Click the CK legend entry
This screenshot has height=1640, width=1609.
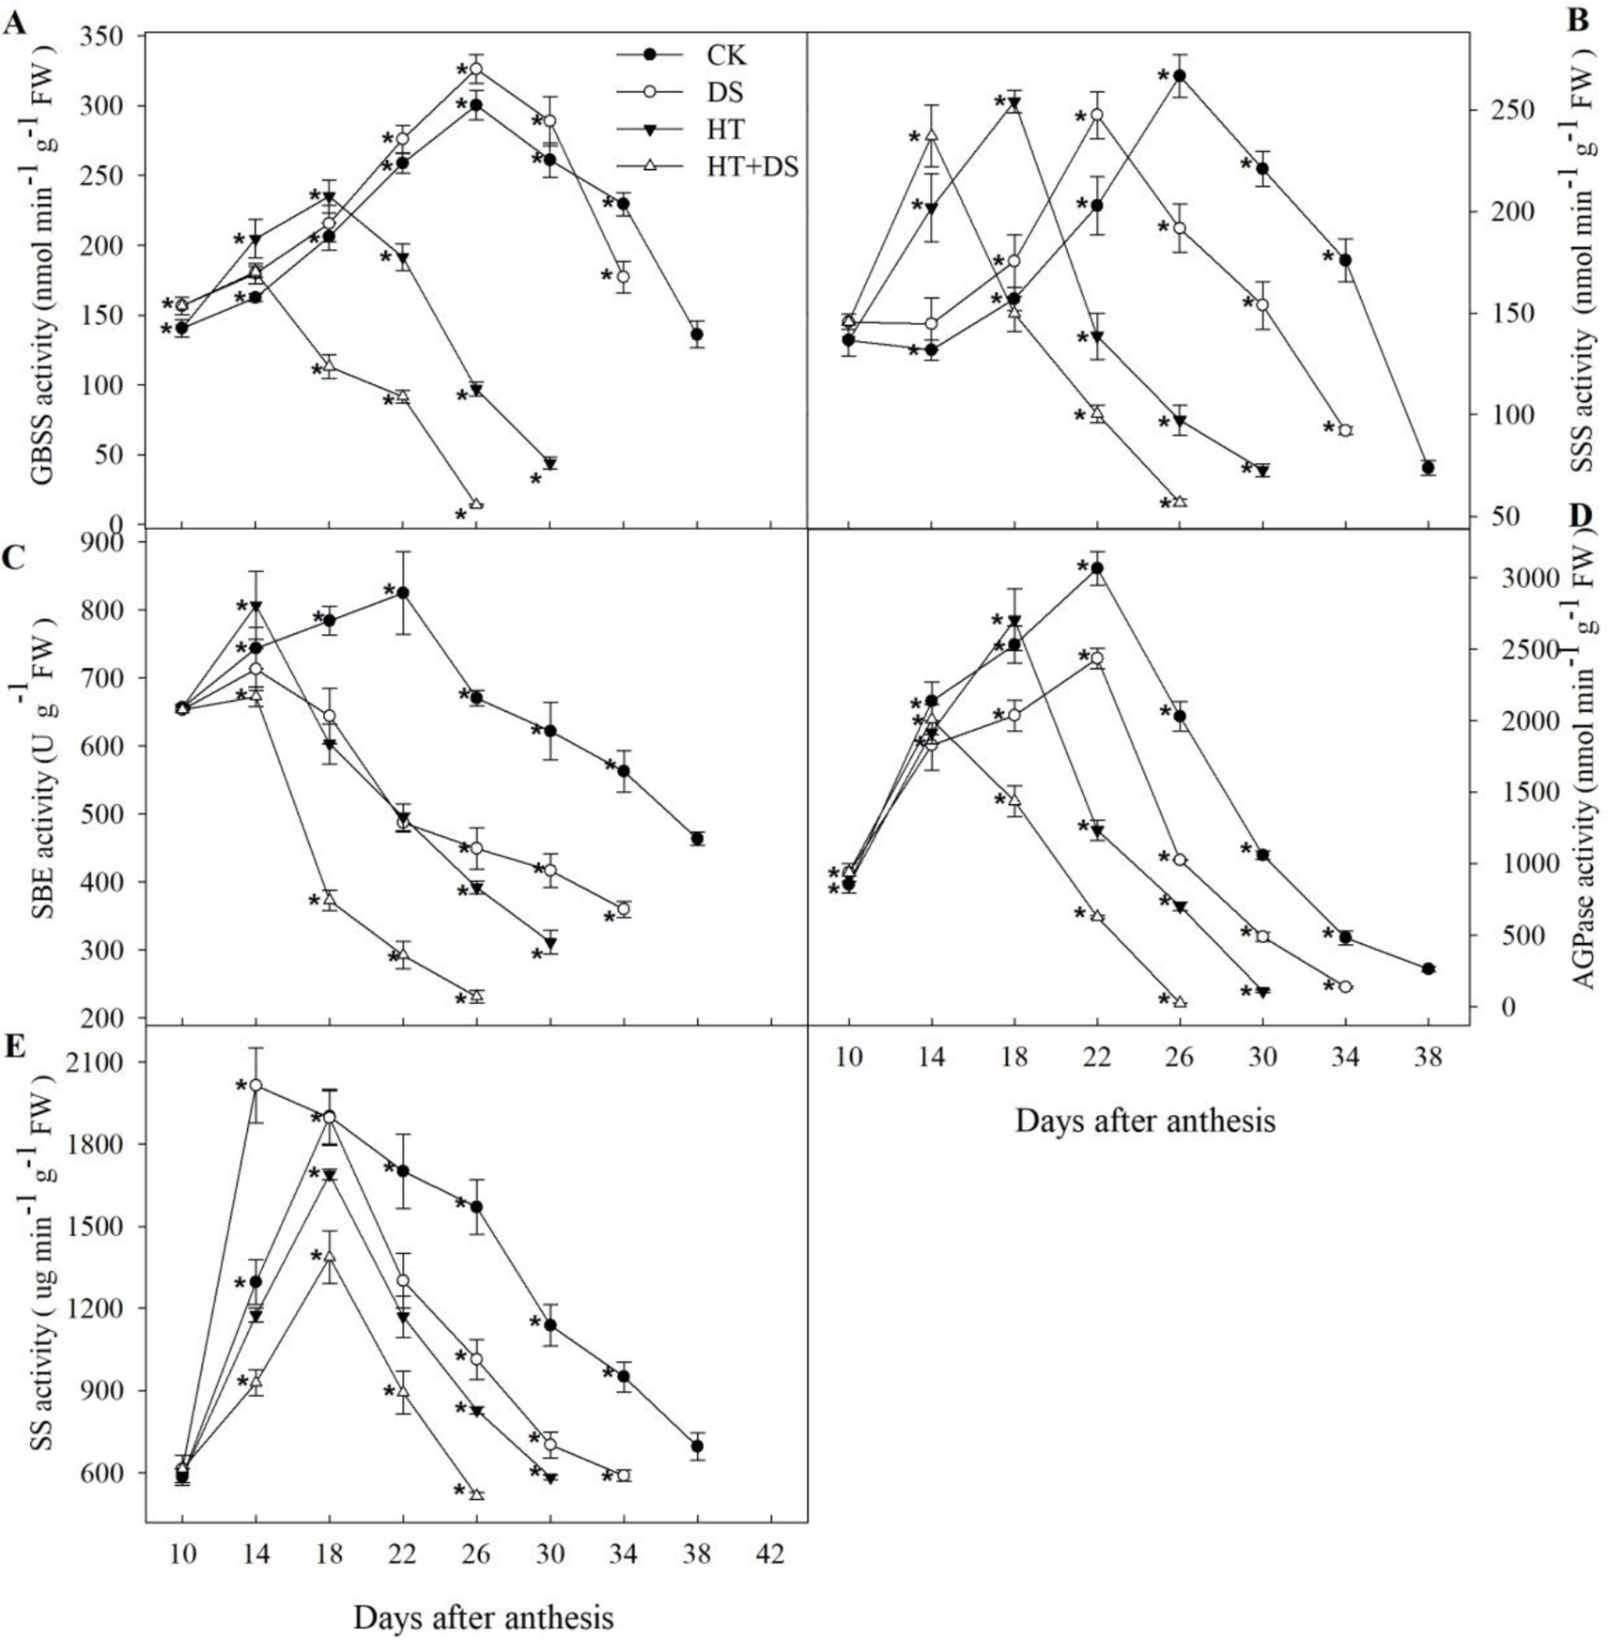click(x=726, y=55)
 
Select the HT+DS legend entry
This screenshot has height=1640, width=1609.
click(x=751, y=167)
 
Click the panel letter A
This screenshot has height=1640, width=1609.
click(x=14, y=23)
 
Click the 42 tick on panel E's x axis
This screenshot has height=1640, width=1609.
click(x=770, y=1555)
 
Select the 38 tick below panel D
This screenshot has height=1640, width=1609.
click(x=1428, y=1058)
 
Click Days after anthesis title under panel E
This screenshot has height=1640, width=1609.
click(x=483, y=1617)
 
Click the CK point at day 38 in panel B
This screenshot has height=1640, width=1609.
click(x=1429, y=468)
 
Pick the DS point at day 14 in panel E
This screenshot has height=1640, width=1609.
click(x=255, y=1086)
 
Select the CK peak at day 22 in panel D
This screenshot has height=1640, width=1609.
click(x=1096, y=567)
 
